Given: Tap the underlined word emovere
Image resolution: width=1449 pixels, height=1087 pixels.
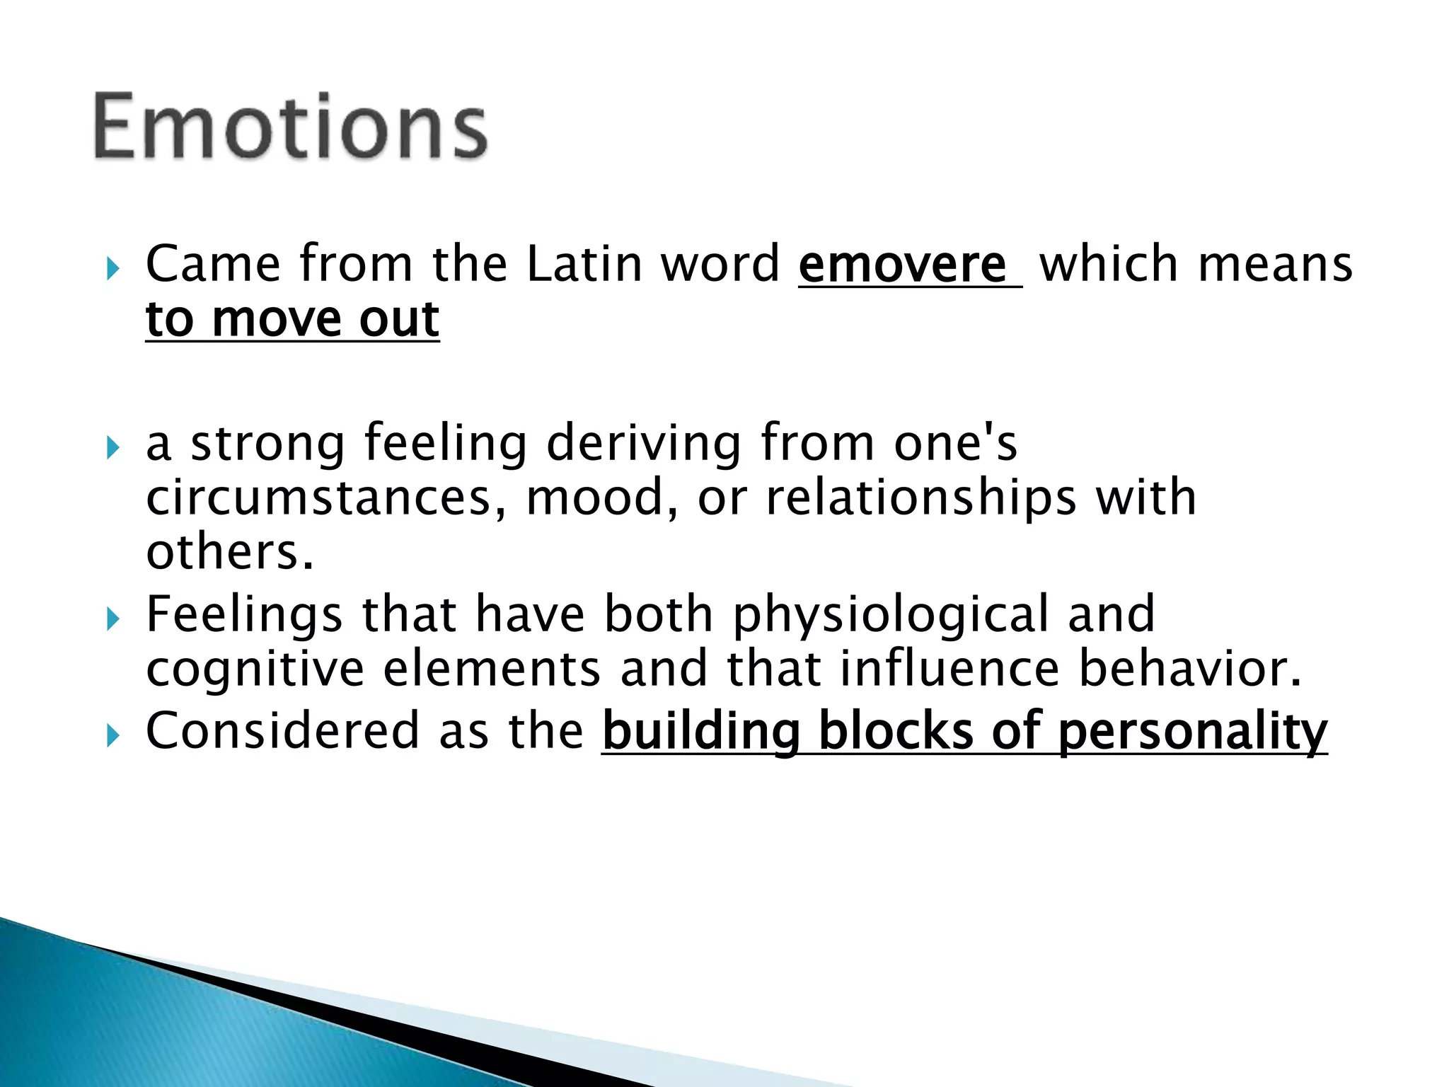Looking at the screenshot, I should click(x=902, y=264).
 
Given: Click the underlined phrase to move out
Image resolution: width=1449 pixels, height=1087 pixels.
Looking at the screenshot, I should click(x=292, y=319).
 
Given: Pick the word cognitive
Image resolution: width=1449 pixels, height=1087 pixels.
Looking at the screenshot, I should click(x=255, y=669).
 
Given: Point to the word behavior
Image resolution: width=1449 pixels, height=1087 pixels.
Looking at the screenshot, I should click(x=1189, y=669).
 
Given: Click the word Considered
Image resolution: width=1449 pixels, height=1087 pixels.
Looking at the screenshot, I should click(x=282, y=731).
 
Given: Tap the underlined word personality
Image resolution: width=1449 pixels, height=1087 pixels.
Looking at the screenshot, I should click(x=1193, y=731).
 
